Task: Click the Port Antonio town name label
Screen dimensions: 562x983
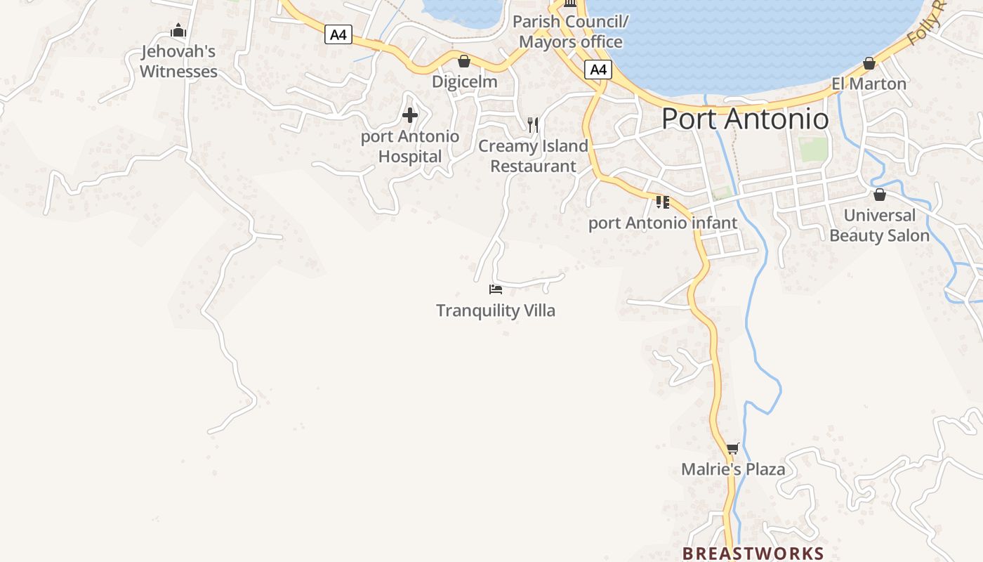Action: pos(745,119)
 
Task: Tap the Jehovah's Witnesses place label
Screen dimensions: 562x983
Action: pos(178,61)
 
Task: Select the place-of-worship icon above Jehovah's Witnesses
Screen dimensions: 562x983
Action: pos(178,30)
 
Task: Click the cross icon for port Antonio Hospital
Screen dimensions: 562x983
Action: pos(410,115)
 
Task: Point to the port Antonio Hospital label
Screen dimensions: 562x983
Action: pos(410,146)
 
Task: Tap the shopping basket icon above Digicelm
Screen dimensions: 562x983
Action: pos(463,61)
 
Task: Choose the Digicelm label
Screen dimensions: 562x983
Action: pos(464,81)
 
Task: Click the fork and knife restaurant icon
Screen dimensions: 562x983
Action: pos(533,125)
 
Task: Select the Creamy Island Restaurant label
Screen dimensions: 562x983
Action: pos(533,156)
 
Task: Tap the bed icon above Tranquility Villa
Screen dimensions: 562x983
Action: pos(496,289)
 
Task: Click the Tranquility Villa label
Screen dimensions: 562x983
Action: pos(496,311)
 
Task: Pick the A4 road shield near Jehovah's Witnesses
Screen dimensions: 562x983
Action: pos(338,34)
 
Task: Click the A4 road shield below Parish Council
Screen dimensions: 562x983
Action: pos(598,70)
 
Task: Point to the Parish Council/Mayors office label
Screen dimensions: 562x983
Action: pos(570,32)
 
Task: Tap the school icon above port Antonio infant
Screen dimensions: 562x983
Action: pos(662,202)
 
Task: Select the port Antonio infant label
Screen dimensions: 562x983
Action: pos(663,223)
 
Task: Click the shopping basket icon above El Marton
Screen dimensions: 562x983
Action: pos(869,63)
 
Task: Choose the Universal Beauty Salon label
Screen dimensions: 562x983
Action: pos(879,226)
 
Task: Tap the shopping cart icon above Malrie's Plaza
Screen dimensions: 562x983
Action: pos(733,448)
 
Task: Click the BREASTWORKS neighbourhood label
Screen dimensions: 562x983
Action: pos(753,554)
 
